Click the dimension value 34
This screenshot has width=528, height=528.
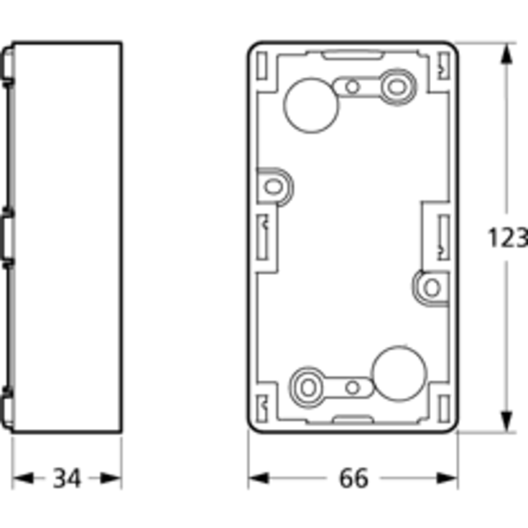tap(67, 478)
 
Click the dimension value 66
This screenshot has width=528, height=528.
tap(353, 478)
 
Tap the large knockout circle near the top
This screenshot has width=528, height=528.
tap(311, 106)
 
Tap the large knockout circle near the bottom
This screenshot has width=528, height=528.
tap(399, 374)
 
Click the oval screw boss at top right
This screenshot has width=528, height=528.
tap(398, 87)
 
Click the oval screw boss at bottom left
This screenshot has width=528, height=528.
tap(307, 387)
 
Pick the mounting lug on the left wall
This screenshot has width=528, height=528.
tap(274, 186)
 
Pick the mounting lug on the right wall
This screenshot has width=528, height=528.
tap(431, 288)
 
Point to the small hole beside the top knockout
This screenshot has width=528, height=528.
tap(352, 87)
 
